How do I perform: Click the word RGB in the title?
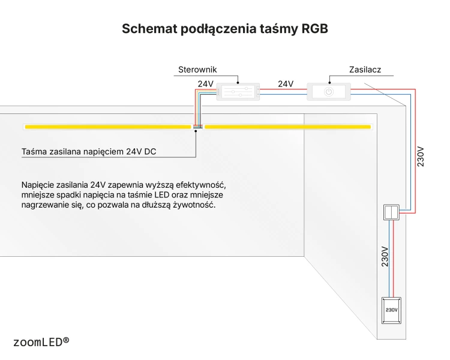point(314,29)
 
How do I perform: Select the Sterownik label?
point(197,70)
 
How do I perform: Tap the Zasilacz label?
point(365,70)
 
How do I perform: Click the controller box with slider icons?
point(238,92)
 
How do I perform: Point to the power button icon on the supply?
point(329,92)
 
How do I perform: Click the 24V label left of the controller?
point(205,84)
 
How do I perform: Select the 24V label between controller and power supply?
point(286,84)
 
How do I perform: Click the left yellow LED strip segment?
point(108,127)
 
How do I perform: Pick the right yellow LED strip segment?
point(287,127)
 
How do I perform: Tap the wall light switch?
point(391,212)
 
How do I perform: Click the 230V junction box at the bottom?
point(391,310)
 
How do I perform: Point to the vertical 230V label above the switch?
point(421,157)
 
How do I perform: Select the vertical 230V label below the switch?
point(385,256)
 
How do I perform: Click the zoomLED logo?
point(41,342)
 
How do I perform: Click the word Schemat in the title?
point(149,29)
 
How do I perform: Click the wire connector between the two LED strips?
point(198,127)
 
